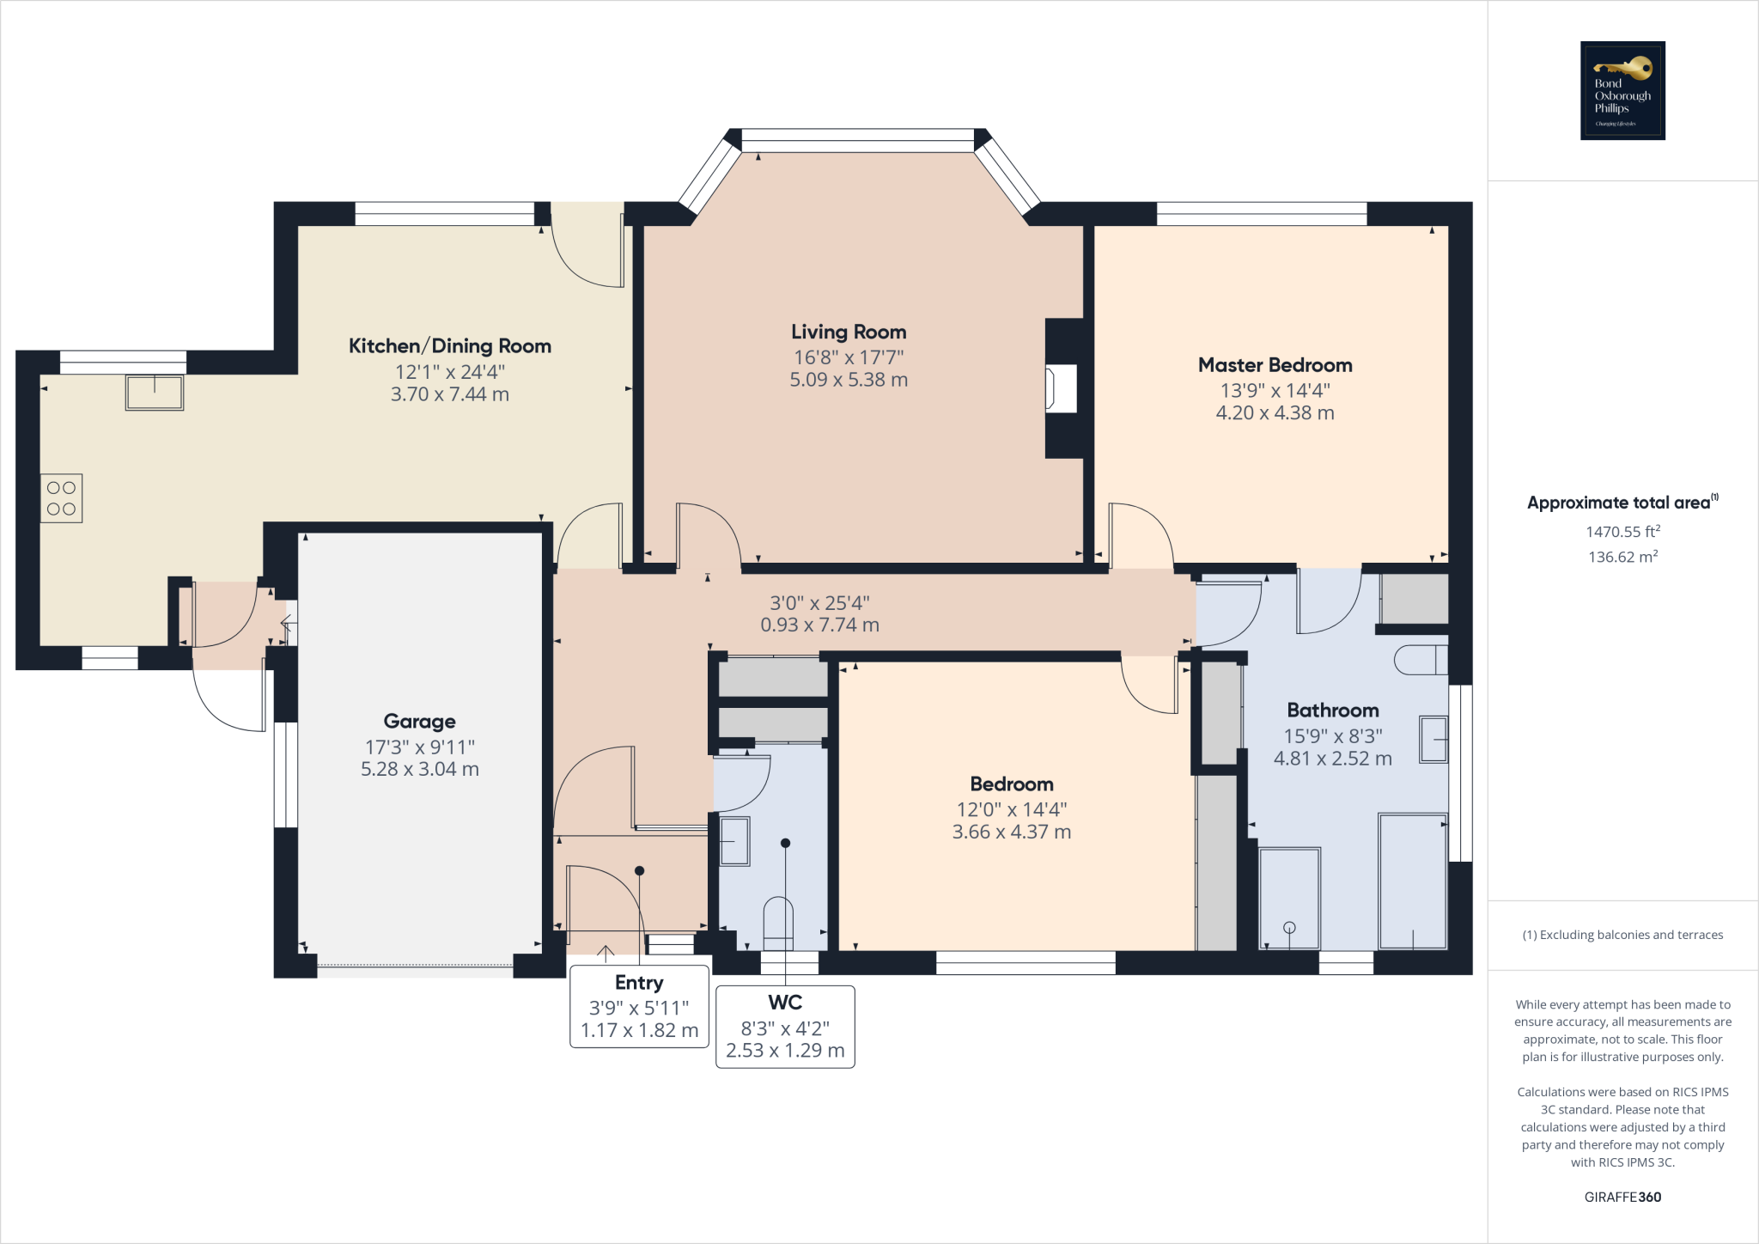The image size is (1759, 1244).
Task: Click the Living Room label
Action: click(849, 332)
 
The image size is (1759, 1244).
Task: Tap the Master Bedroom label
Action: click(1275, 365)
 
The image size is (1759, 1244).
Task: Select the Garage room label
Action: click(419, 722)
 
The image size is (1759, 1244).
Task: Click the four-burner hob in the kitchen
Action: click(61, 498)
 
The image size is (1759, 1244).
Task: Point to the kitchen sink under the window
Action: click(155, 393)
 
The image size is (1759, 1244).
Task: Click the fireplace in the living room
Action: click(1062, 388)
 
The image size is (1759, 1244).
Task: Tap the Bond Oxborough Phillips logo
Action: click(1622, 90)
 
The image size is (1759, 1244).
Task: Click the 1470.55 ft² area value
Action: click(1622, 532)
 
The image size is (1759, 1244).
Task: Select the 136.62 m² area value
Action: click(1622, 557)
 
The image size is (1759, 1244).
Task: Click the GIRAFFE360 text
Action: click(1622, 1197)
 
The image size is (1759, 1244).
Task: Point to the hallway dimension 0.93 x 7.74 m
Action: click(819, 625)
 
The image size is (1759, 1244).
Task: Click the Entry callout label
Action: click(639, 983)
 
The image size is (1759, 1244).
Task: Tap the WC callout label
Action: click(785, 1003)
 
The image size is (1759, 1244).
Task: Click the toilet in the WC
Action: click(778, 924)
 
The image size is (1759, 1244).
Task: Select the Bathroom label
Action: click(1332, 710)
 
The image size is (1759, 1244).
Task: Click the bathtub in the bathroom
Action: click(1412, 881)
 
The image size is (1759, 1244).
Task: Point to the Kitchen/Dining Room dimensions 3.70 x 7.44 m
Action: click(449, 394)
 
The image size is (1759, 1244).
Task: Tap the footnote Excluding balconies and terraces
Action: click(1622, 935)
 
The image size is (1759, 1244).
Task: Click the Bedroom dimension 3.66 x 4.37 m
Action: click(1011, 832)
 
